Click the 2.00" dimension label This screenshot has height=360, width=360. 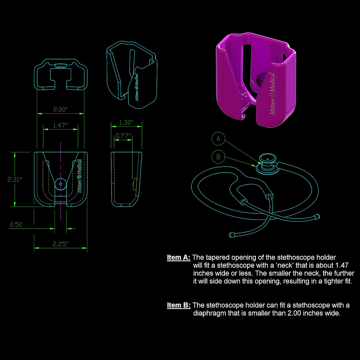click(61, 109)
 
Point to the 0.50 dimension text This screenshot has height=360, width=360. click(16, 224)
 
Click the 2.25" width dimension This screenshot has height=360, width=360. click(61, 244)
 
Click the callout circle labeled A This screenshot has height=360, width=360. click(218, 139)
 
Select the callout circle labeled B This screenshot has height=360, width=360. click(218, 157)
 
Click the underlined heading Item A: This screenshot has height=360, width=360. click(178, 257)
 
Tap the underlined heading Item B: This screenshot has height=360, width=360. click(178, 305)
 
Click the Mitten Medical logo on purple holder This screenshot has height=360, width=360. click(272, 94)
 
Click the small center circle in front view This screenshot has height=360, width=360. click(61, 184)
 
